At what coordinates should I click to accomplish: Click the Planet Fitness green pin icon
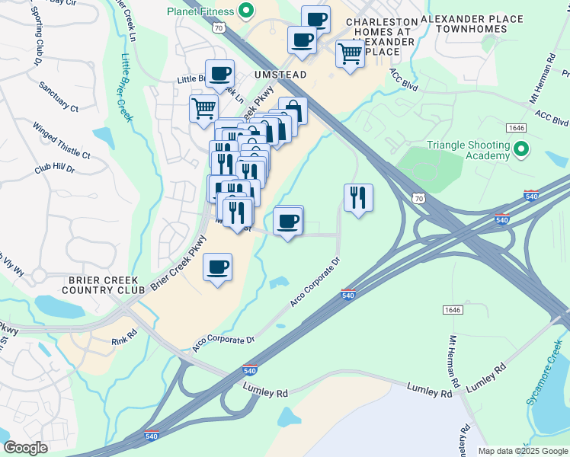click(245, 11)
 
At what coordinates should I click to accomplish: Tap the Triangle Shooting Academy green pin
click(521, 149)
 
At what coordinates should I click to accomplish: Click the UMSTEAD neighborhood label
click(264, 74)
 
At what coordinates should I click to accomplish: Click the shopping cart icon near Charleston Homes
click(350, 53)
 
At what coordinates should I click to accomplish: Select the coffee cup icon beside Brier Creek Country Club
click(218, 267)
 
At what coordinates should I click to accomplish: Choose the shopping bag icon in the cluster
click(293, 111)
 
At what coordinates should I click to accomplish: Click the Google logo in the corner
click(25, 448)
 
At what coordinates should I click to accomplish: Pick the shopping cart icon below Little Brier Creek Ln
click(203, 108)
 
